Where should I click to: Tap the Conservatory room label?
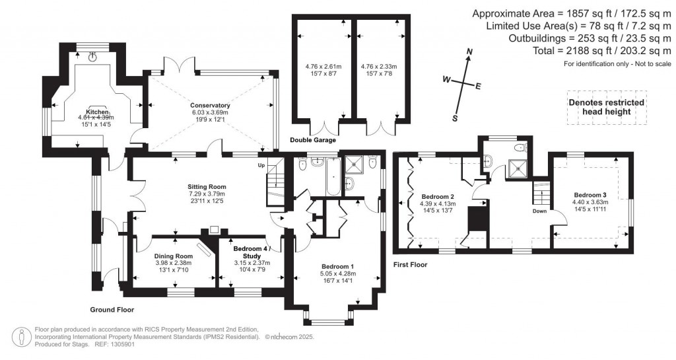click(x=210, y=106)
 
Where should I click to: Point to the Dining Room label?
click(x=174, y=256)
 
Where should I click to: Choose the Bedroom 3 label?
click(x=590, y=195)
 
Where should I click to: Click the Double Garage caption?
click(x=313, y=141)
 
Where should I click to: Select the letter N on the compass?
click(x=470, y=52)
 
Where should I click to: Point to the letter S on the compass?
click(x=455, y=118)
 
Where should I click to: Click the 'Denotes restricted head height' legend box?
click(x=606, y=107)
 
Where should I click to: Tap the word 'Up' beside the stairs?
click(x=261, y=164)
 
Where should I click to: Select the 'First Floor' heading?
click(x=410, y=264)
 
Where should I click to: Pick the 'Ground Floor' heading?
click(x=112, y=308)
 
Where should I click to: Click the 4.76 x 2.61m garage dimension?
click(x=321, y=67)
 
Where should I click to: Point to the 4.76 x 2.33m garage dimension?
click(x=377, y=67)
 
